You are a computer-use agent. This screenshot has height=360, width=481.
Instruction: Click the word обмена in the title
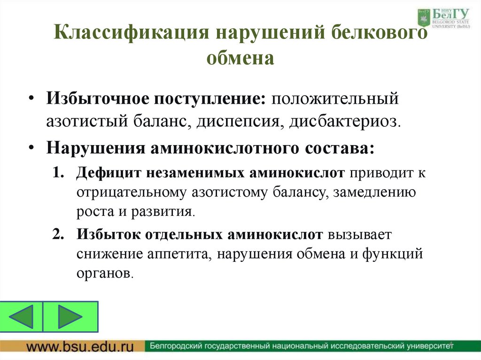[240, 58]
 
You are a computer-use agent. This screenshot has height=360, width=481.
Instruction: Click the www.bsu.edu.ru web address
[79, 347]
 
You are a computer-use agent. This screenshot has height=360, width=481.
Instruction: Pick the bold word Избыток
[110, 234]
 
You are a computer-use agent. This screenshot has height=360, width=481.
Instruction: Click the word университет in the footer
[423, 347]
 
